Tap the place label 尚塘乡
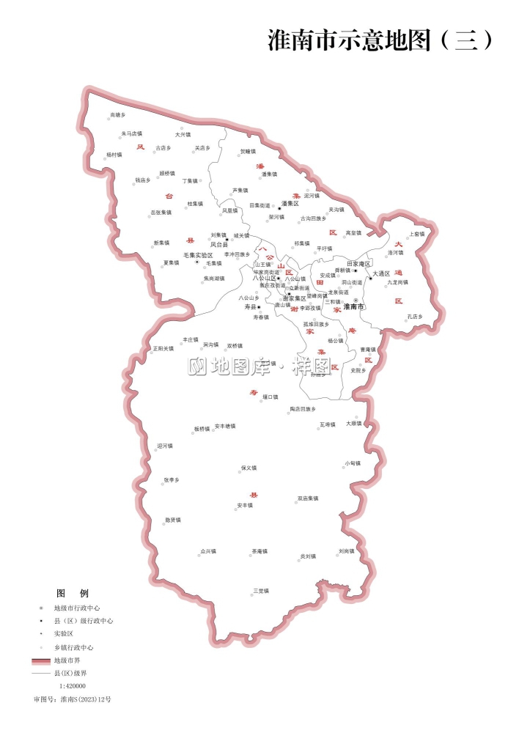[118, 115]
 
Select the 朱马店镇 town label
[132, 134]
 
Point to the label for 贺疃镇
[248, 152]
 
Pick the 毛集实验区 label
[198, 255]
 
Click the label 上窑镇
[417, 235]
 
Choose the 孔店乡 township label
[416, 317]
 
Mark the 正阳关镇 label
[163, 349]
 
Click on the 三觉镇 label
[261, 590]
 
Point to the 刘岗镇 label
[347, 550]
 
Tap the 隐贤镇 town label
[173, 520]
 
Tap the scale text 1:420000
[73, 686]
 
